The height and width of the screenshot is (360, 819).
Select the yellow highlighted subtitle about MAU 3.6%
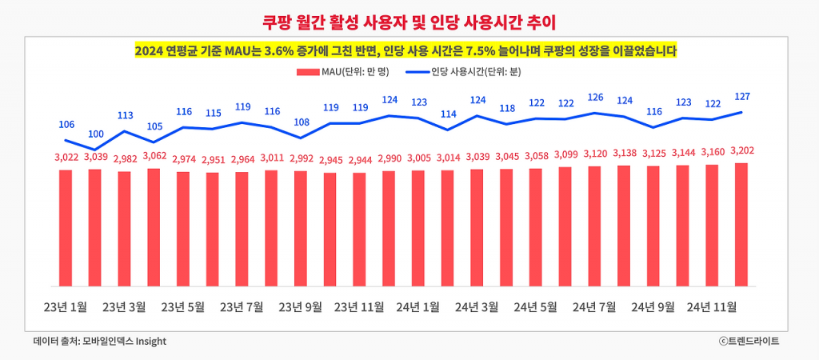coord(406,50)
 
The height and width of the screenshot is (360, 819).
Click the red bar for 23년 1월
coord(66,228)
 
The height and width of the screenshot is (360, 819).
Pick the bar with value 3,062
coord(154,227)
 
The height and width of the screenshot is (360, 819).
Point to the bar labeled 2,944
coord(359,230)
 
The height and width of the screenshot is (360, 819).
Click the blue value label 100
coord(96,134)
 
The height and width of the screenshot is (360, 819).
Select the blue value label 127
coord(741,97)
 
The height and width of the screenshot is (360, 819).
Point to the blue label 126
coord(594,98)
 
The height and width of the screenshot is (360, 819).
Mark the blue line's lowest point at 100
coord(96,150)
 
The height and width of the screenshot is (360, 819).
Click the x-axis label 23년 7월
coord(242,306)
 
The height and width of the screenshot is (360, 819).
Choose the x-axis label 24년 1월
coord(418,306)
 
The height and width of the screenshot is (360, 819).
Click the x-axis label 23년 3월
coord(125,306)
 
